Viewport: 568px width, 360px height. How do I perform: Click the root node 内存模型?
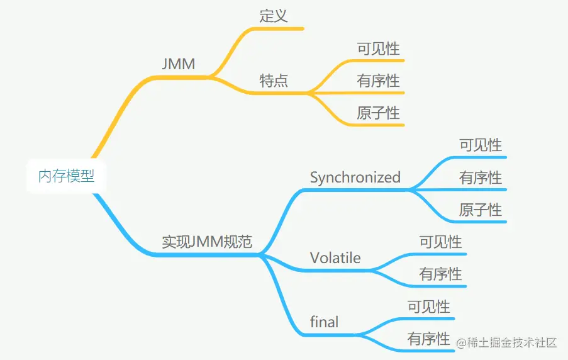[66, 176]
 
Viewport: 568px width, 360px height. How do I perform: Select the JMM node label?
[178, 64]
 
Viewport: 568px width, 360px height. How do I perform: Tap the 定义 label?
[274, 16]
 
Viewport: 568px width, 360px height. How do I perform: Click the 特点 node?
[274, 81]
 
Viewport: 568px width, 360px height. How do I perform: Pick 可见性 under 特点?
[378, 48]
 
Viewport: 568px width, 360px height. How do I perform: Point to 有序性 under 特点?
[378, 81]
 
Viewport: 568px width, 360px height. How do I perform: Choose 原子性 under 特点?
[378, 113]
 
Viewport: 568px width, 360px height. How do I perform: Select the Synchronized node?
[355, 177]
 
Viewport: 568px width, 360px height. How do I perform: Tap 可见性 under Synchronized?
[481, 145]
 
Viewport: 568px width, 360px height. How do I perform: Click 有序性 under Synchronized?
[481, 177]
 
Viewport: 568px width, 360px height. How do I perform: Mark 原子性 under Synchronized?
[481, 210]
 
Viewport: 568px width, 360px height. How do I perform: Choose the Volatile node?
[335, 258]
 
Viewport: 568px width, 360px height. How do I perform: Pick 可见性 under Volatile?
[440, 242]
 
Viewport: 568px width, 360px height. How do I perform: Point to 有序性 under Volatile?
[440, 274]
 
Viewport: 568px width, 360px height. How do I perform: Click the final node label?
[324, 322]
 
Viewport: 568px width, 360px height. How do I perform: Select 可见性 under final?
[428, 307]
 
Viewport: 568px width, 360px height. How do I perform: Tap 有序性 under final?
[428, 339]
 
